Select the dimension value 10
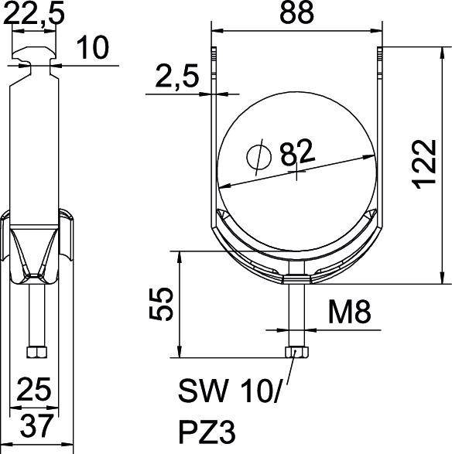(x=91, y=49)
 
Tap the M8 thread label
(x=349, y=313)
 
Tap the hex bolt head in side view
(x=35, y=352)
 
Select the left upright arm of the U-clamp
(x=213, y=139)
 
